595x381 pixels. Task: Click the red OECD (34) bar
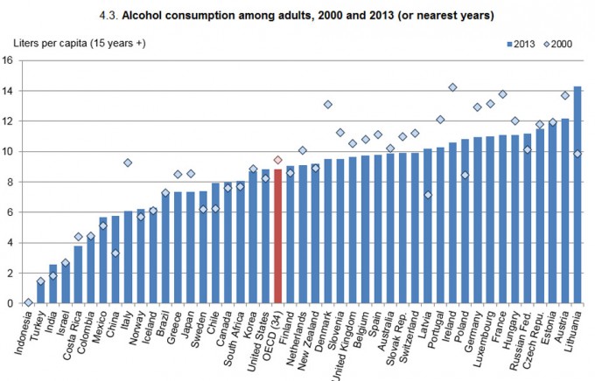pos(278,236)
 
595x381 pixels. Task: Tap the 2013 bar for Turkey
pos(40,292)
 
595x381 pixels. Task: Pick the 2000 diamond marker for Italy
pos(128,163)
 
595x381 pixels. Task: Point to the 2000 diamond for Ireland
pos(452,87)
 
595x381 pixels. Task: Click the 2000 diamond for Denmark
pos(328,104)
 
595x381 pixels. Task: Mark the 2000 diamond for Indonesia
pos(28,302)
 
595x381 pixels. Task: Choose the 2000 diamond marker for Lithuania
pos(577,154)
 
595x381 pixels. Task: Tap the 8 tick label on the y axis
pos(8,182)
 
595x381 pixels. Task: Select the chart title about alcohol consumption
pos(297,14)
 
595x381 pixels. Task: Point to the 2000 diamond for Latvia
pos(428,195)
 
